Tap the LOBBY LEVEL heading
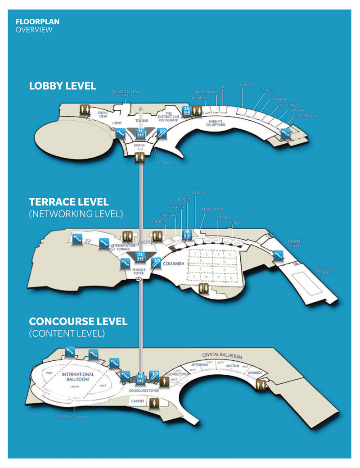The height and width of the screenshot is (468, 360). click(63, 86)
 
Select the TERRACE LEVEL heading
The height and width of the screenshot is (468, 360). click(69, 202)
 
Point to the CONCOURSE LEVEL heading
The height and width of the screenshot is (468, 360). click(78, 322)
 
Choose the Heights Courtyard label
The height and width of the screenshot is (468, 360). click(215, 123)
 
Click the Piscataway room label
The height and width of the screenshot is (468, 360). click(306, 116)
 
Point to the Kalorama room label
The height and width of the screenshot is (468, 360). click(246, 84)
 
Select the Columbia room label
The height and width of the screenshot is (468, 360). click(173, 264)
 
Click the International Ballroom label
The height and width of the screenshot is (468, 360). click(78, 377)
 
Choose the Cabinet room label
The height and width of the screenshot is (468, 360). click(137, 400)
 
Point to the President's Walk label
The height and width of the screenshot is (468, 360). click(72, 417)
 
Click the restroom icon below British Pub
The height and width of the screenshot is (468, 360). click(140, 156)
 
